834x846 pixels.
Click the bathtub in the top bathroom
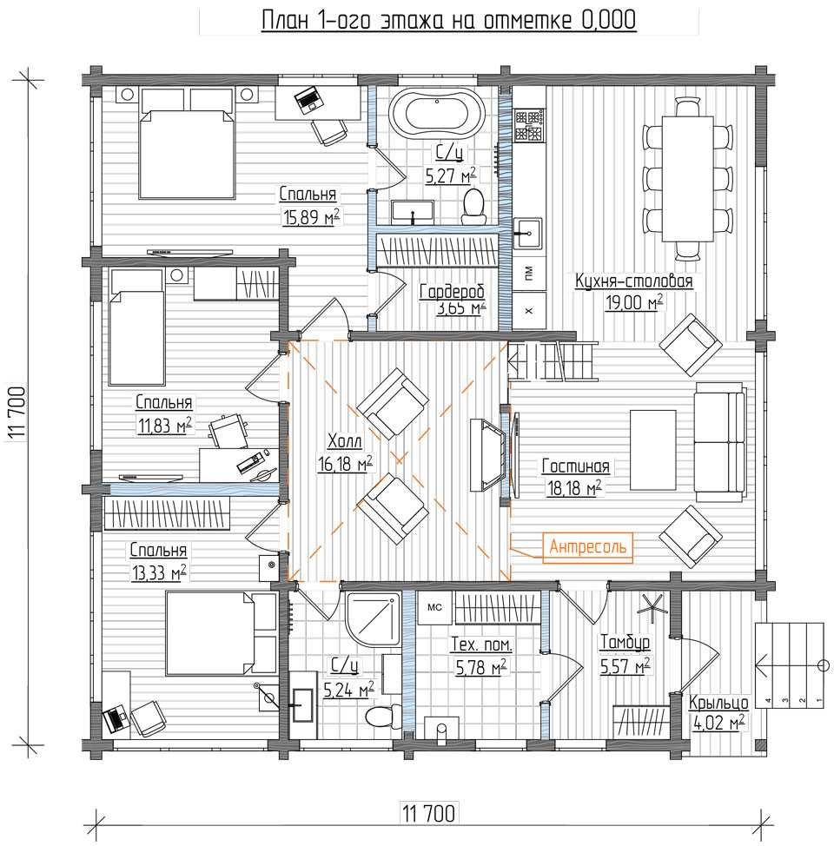click(x=436, y=114)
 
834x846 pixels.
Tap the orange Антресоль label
click(x=587, y=547)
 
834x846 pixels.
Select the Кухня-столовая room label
click(x=633, y=281)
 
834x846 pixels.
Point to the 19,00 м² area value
click(x=633, y=302)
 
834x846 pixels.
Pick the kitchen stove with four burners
click(x=529, y=124)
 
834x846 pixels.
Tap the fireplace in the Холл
click(x=488, y=454)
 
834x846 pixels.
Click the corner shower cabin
click(x=373, y=619)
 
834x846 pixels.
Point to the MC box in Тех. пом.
click(x=434, y=607)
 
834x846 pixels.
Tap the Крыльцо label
click(x=718, y=703)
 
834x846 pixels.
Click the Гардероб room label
click(x=453, y=291)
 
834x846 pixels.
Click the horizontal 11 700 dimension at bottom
click(x=428, y=812)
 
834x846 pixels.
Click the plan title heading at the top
click(x=448, y=21)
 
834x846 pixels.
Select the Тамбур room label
click(x=625, y=642)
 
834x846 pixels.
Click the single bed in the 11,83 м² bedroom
click(x=137, y=327)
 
